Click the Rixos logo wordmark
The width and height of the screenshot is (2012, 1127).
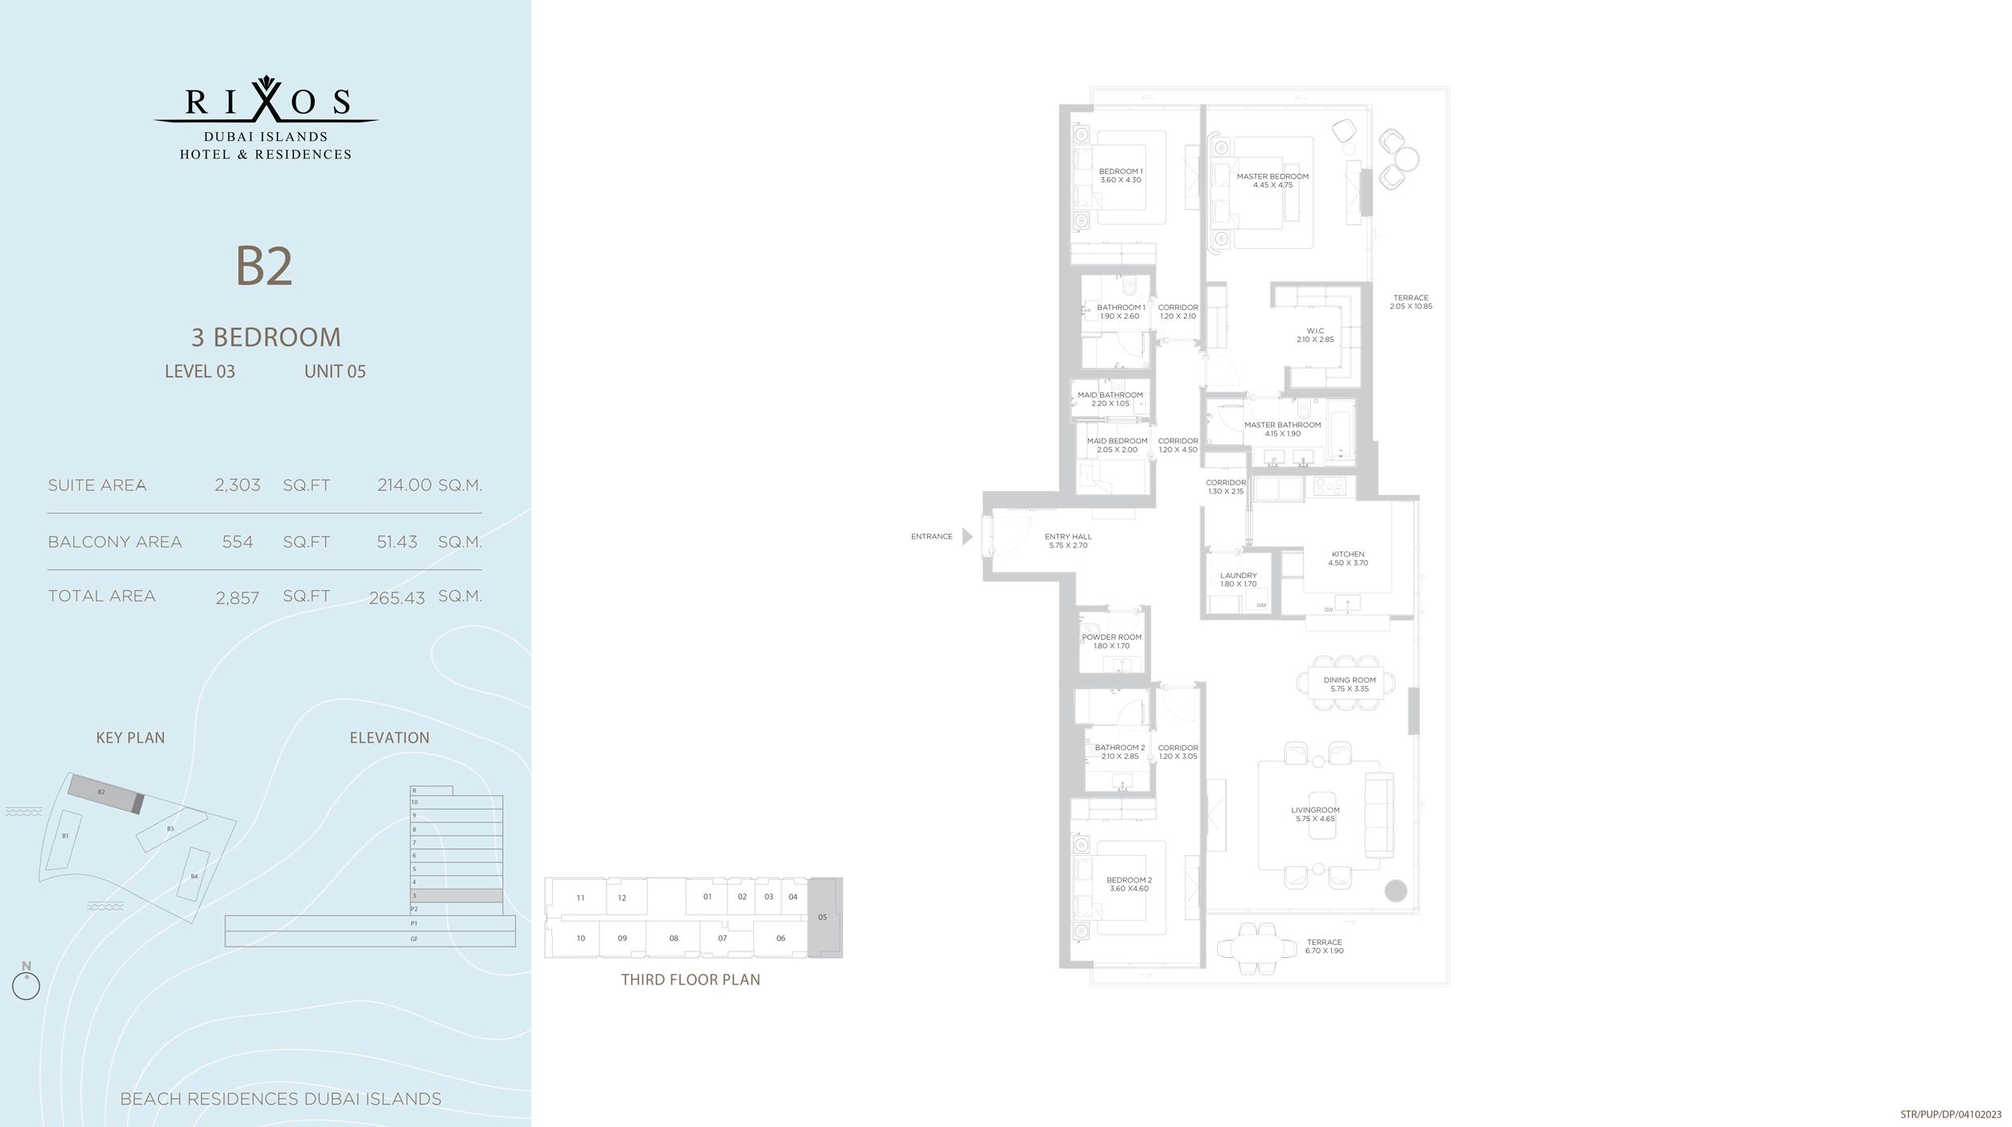coord(266,102)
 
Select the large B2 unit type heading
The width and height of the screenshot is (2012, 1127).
coord(264,266)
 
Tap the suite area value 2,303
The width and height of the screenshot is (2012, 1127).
coord(237,485)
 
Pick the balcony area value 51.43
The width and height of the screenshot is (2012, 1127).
coord(397,543)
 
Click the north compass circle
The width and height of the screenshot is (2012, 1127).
coord(27,986)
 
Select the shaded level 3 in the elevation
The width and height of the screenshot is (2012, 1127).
coord(456,895)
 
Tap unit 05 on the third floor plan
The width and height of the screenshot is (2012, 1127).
coord(823,917)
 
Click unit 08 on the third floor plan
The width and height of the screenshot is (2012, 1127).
coord(674,938)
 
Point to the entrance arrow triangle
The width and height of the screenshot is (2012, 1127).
coord(967,536)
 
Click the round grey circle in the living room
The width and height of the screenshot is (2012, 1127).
coord(1396,890)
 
